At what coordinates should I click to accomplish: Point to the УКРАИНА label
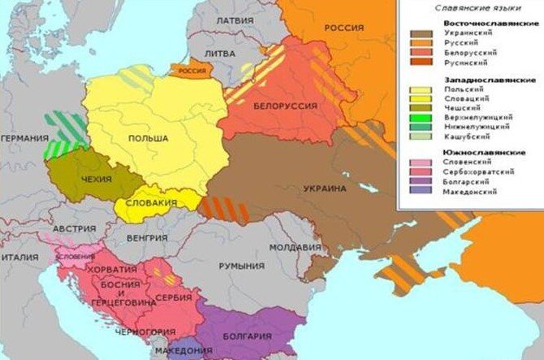click(x=325, y=189)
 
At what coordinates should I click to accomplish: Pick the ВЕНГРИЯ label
click(x=147, y=238)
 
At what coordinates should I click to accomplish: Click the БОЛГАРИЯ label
click(x=244, y=336)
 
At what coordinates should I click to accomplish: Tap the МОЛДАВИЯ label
click(x=289, y=246)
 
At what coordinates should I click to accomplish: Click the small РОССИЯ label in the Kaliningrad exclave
click(x=192, y=71)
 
